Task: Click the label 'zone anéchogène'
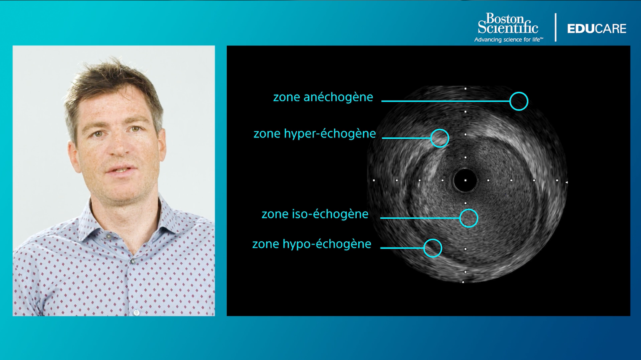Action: coord(323,97)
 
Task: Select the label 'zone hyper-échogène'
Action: coord(315,134)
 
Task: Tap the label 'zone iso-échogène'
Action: coord(315,214)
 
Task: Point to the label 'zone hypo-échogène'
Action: coord(312,244)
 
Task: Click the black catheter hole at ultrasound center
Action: coord(465,180)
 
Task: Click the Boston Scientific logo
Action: coord(508,23)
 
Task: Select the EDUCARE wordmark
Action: coord(597,29)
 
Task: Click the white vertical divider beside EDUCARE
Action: coord(556,27)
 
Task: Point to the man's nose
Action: coord(119,145)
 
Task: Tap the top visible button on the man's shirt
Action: coord(108,237)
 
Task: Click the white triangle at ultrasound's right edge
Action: coord(566,182)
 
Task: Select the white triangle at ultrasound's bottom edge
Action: coord(463,282)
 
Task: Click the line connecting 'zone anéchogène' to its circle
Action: coord(446,101)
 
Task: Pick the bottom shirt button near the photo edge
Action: coord(137,312)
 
